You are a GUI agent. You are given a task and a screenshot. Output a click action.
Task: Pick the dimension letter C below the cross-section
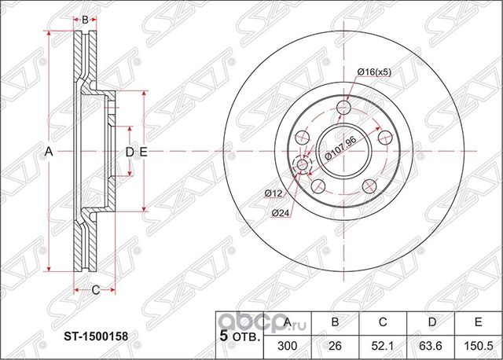[x=96, y=290]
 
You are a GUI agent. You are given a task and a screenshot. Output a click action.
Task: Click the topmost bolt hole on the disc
[x=343, y=108]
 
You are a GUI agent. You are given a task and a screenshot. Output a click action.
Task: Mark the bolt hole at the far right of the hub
[x=384, y=138]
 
